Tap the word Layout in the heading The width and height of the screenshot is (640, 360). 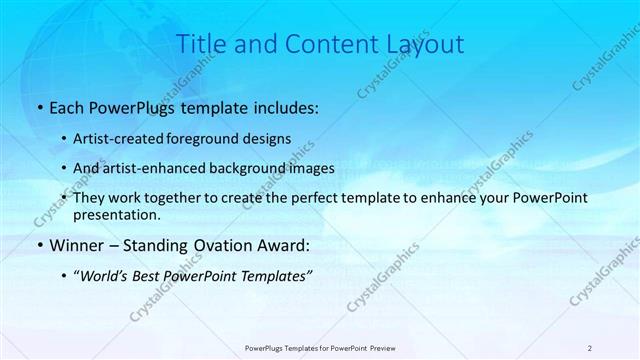(425, 45)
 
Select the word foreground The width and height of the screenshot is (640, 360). (214, 138)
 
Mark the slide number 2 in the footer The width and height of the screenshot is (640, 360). (590, 347)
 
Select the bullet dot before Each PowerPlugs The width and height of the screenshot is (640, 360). (38, 108)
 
